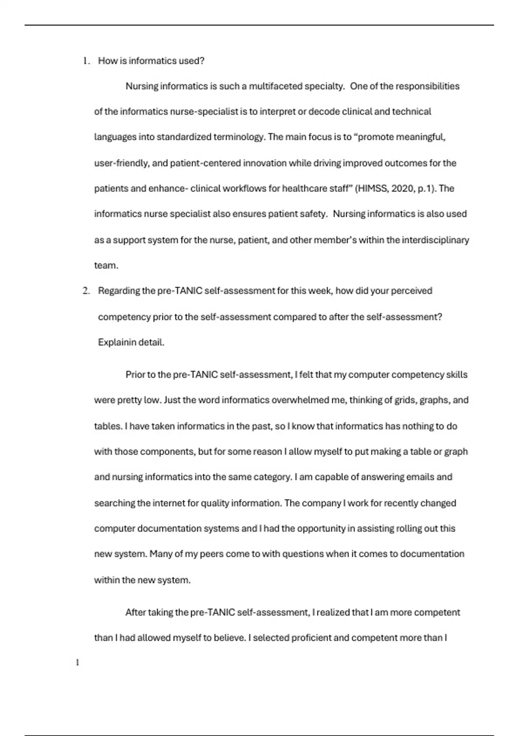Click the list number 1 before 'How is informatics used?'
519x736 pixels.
[86, 61]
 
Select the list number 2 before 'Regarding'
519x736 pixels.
[86, 291]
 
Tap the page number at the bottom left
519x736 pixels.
[77, 662]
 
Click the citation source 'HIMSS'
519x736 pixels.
[372, 189]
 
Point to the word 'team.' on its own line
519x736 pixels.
[106, 266]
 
